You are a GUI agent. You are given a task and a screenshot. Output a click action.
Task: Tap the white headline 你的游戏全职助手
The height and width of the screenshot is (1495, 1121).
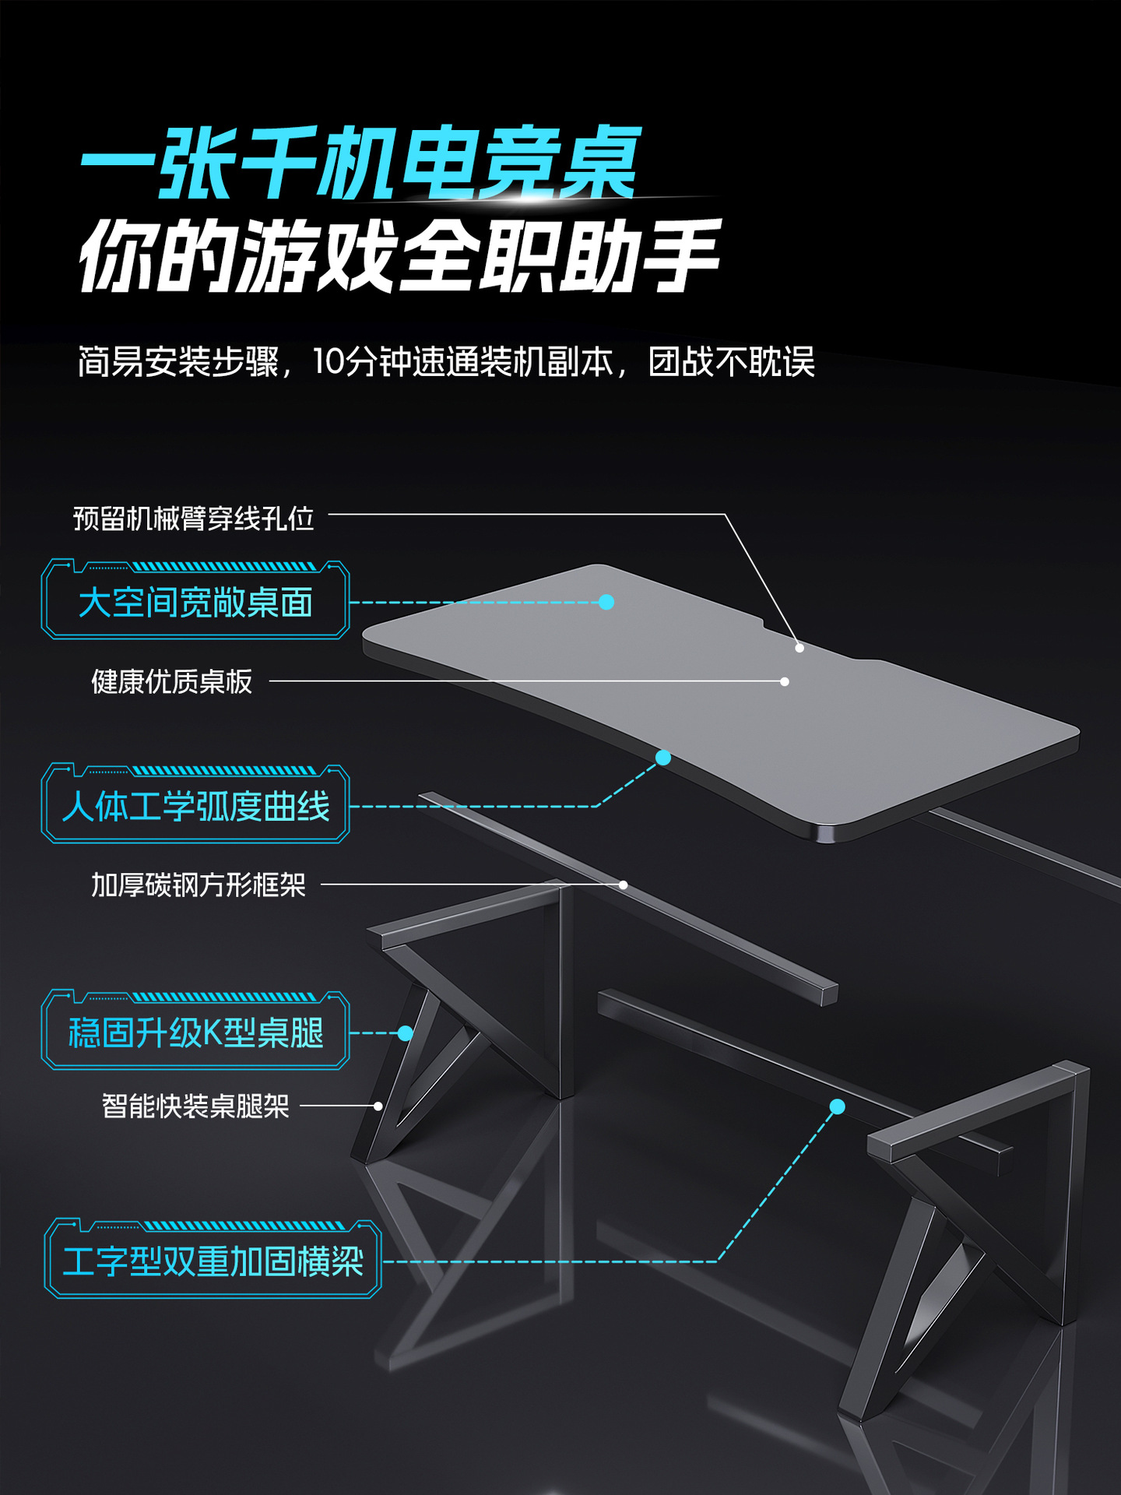pyautogui.click(x=399, y=256)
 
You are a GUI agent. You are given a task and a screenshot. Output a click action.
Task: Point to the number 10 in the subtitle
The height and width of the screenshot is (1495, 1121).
pyautogui.click(x=328, y=362)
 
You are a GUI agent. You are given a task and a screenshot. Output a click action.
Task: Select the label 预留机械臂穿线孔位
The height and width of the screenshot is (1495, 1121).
pyautogui.click(x=193, y=518)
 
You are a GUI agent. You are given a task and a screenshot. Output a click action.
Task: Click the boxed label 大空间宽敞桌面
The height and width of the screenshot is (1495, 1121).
pyautogui.click(x=195, y=603)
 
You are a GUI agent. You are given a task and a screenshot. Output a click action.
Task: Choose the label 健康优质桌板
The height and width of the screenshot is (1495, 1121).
pyautogui.click(x=171, y=681)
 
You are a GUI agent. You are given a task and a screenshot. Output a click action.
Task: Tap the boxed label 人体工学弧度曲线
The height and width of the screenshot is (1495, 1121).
pyautogui.click(x=195, y=806)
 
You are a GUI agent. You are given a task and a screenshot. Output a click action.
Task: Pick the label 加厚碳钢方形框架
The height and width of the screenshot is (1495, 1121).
pyautogui.click(x=198, y=885)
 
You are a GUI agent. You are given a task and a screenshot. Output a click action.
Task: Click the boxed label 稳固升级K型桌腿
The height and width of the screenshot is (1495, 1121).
pyautogui.click(x=195, y=1033)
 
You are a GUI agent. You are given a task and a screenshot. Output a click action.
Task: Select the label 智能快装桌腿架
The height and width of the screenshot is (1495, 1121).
pyautogui.click(x=195, y=1106)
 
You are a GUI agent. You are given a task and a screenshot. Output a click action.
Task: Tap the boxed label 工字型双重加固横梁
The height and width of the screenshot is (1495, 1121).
pyautogui.click(x=213, y=1261)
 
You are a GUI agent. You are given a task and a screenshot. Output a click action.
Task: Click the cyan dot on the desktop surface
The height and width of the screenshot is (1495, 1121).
pyautogui.click(x=606, y=602)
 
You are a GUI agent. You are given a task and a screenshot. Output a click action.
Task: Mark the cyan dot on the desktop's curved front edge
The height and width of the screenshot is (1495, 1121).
pyautogui.click(x=663, y=758)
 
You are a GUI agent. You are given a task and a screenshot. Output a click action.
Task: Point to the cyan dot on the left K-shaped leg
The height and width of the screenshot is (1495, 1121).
pyautogui.click(x=405, y=1033)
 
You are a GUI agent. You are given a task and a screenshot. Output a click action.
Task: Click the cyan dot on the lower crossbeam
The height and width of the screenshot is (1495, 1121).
pyautogui.click(x=838, y=1106)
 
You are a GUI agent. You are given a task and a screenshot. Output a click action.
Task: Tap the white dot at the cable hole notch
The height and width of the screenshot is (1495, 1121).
pyautogui.click(x=799, y=648)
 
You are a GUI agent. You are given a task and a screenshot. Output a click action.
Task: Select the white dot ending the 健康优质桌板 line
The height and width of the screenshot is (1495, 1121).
pyautogui.click(x=785, y=681)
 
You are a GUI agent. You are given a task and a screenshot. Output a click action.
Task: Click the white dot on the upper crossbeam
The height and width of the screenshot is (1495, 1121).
pyautogui.click(x=624, y=885)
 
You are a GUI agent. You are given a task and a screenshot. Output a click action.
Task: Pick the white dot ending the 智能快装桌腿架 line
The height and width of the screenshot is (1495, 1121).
pyautogui.click(x=378, y=1106)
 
